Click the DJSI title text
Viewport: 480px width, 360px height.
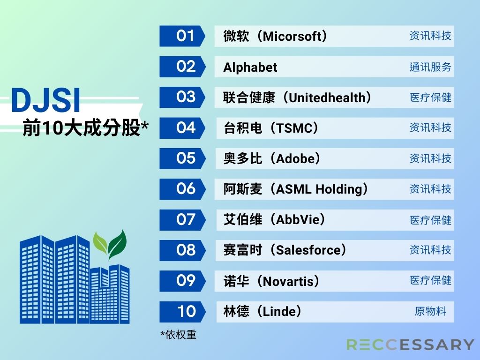pos(46,100)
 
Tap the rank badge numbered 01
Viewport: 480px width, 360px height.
pos(182,36)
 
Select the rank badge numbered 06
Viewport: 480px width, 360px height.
pos(182,189)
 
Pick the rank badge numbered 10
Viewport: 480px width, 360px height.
pos(182,312)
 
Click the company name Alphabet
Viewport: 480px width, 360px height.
pos(250,67)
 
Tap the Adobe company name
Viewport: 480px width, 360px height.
pos(295,158)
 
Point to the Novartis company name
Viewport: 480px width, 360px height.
pos(288,281)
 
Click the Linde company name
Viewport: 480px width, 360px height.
pos(279,312)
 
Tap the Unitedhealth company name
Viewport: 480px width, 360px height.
pos(327,97)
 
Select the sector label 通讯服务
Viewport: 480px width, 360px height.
pos(430,67)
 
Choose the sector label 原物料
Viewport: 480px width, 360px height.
pos(430,311)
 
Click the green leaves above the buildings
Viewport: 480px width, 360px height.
pos(110,245)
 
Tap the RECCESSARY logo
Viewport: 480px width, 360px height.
pos(410,345)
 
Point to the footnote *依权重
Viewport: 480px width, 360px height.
pos(178,335)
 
